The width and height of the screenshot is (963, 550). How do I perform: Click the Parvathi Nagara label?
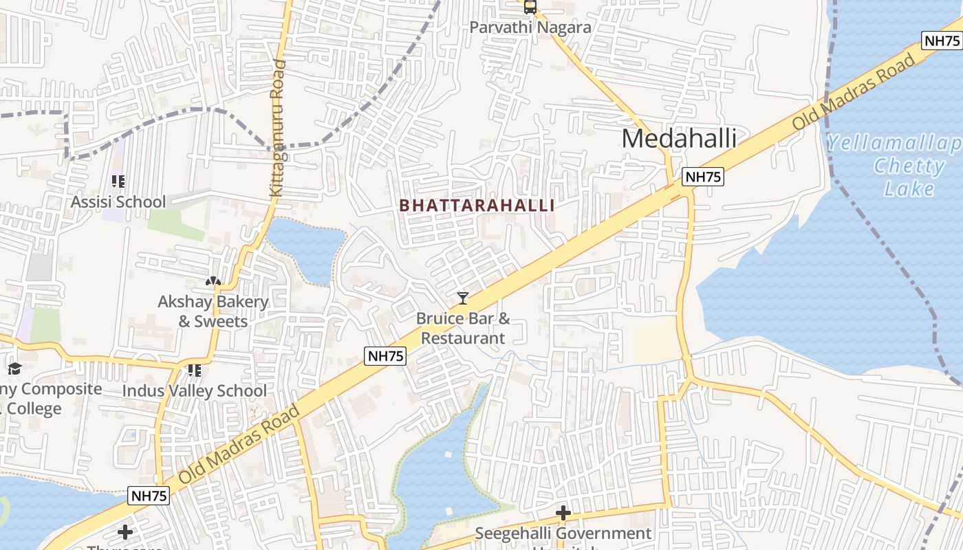[x=530, y=27]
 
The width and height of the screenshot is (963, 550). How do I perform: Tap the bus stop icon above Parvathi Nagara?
[x=530, y=7]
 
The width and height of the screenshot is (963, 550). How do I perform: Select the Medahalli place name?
[x=679, y=139]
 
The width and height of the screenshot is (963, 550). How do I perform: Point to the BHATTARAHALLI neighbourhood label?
[x=477, y=206]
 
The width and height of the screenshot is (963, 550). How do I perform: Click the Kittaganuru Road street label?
[x=277, y=129]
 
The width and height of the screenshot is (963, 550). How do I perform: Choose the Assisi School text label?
[x=118, y=201]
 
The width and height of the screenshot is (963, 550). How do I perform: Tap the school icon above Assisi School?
[x=118, y=181]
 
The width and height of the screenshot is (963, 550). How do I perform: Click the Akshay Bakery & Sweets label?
[x=213, y=311]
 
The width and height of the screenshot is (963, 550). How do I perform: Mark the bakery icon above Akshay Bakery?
[x=213, y=281]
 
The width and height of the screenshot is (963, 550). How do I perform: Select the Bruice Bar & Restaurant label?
[x=463, y=328]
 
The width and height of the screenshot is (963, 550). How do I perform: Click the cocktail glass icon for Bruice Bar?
[x=463, y=298]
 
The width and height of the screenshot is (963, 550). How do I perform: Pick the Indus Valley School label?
[x=194, y=390]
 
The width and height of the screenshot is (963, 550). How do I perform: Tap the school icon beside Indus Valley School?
[x=194, y=371]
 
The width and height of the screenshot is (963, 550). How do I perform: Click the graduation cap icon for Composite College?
[x=14, y=369]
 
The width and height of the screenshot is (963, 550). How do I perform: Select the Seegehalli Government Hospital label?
[x=563, y=533]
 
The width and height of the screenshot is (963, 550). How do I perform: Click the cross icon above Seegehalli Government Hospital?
[x=563, y=513]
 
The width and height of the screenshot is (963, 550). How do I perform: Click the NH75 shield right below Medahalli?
[x=703, y=177]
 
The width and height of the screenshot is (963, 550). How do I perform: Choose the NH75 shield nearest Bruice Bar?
[x=385, y=355]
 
